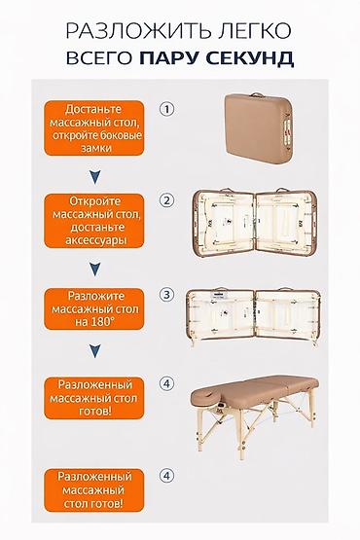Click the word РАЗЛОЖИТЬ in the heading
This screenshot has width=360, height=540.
138,31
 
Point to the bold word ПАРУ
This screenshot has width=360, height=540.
170,57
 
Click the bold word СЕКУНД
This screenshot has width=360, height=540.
250,57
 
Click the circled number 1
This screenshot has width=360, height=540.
167,110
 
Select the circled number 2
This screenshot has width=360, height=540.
167,200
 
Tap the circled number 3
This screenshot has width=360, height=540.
167,295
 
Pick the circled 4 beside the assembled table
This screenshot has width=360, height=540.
167,383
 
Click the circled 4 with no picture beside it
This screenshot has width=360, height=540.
167,476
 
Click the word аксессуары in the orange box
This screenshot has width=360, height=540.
95,240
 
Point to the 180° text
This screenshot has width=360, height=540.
99,322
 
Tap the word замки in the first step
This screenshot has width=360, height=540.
96,148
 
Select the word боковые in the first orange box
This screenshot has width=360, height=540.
121,135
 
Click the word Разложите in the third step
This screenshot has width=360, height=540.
95,296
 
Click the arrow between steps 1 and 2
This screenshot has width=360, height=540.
94,177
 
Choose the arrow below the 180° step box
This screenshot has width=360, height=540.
94,351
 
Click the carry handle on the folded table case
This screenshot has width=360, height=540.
256,94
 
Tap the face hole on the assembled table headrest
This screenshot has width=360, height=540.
206,392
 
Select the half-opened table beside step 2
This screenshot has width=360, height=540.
256,223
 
